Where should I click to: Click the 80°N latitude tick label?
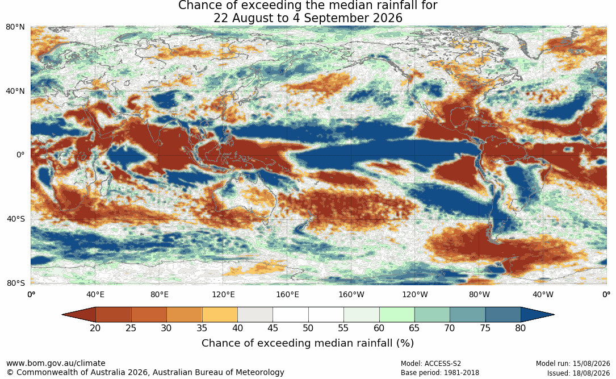pyautogui.click(x=15, y=27)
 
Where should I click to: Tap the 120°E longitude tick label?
pyautogui.click(x=224, y=294)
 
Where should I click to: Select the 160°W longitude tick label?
pyautogui.click(x=351, y=294)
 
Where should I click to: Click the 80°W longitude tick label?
pyautogui.click(x=479, y=294)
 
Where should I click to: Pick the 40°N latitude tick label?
pyautogui.click(x=15, y=91)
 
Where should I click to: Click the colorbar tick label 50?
pyautogui.click(x=308, y=328)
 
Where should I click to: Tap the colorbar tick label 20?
pyautogui.click(x=95, y=328)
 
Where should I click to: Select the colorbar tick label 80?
pyautogui.click(x=521, y=328)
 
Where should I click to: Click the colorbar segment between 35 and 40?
pyautogui.click(x=220, y=315)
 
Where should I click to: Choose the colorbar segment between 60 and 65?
pyautogui.click(x=397, y=315)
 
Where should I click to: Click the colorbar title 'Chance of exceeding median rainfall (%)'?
pyautogui.click(x=308, y=343)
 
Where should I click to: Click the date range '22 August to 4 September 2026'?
pyautogui.click(x=308, y=18)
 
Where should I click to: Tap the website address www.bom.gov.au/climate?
pyautogui.click(x=56, y=363)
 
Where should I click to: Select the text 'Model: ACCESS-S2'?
pyautogui.click(x=431, y=364)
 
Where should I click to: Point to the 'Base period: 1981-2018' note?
pyautogui.click(x=440, y=373)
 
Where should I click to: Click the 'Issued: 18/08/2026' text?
pyautogui.click(x=579, y=373)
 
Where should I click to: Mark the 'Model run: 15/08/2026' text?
pyautogui.click(x=573, y=364)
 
